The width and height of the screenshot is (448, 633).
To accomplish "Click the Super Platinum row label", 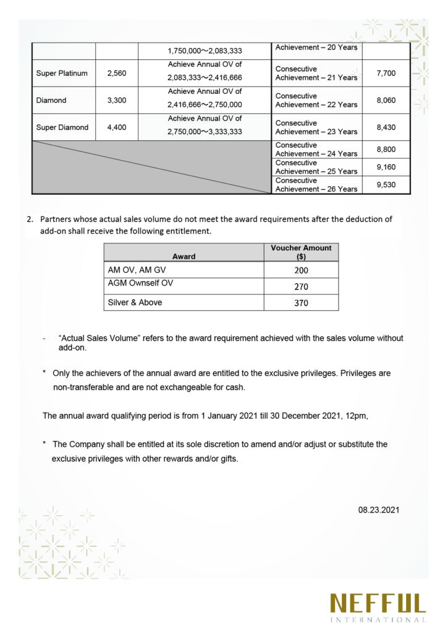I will point(62,74).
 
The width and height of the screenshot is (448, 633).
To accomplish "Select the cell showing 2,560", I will point(116,74).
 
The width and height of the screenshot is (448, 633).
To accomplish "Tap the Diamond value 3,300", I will point(116,100).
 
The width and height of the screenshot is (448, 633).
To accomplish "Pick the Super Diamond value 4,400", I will point(116,127).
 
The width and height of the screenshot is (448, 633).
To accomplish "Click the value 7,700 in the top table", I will point(386,74).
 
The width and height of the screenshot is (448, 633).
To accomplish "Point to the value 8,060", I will point(386,100).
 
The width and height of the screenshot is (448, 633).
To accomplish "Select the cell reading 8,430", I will point(386,127).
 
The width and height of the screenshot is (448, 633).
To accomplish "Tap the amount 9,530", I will point(386,185).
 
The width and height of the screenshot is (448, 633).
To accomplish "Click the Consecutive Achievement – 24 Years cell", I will point(316,150).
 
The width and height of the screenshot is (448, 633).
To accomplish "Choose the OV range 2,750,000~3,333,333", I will point(205,132).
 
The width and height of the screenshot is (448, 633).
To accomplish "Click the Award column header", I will point(184,257).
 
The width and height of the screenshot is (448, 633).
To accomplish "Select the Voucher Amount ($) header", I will point(301,252).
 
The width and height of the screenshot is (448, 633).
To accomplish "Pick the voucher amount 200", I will point(301,270).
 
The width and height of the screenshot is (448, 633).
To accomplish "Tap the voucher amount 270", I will point(301,287).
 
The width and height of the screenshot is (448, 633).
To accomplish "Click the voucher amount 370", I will point(301,303).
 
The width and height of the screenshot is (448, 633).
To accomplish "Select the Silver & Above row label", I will point(135,303).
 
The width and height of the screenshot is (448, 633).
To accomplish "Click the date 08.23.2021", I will point(379,510).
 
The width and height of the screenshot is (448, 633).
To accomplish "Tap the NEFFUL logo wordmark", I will point(378,603).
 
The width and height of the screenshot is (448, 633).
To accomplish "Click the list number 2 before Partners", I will point(30,219).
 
